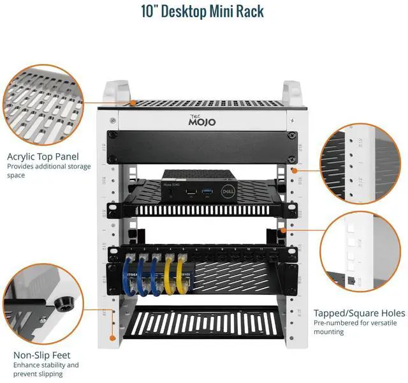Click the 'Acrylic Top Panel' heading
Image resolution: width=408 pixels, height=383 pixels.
pyautogui.click(x=43, y=156)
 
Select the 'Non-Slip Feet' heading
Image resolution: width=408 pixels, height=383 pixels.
pyautogui.click(x=42, y=355)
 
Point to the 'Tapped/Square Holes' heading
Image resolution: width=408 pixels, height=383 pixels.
pyautogui.click(x=359, y=313)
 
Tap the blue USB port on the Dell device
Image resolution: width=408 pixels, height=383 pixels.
pyautogui.click(x=206, y=191)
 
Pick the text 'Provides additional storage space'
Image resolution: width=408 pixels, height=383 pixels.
pyautogui.click(x=48, y=170)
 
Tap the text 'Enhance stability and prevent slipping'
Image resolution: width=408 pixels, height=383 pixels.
pyautogui.click(x=46, y=369)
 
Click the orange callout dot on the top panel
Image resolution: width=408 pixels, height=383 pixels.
pyautogui.click(x=131, y=102)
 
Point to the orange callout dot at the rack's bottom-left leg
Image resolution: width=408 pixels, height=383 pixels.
pyautogui.click(x=112, y=336)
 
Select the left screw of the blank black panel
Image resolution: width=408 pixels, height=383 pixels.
pyautogui.click(x=113, y=135)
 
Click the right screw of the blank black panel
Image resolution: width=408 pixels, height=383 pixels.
pyautogui.click(x=292, y=135)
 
